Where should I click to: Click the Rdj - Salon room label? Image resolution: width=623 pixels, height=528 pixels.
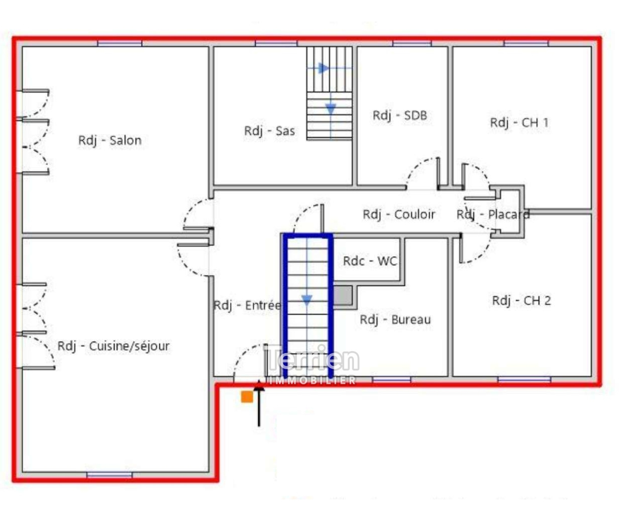coord(110,141)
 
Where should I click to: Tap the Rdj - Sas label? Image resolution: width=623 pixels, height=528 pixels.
coord(269,131)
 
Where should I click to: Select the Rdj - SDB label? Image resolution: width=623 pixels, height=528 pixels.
coord(400,115)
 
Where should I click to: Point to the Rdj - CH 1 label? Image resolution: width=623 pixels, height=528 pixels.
coord(519,123)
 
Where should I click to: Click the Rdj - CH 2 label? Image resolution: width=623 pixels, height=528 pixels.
coord(522,301)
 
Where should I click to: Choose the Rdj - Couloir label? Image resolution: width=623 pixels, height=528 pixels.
coord(399,214)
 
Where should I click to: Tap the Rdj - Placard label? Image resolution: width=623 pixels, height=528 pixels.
coord(493,214)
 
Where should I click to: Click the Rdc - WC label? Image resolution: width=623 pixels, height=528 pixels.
coord(370,261)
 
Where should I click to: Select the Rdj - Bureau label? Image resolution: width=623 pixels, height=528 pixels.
coord(396,320)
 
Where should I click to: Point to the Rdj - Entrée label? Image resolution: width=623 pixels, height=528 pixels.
coord(248,305)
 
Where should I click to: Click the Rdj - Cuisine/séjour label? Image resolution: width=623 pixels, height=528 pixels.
coord(114,346)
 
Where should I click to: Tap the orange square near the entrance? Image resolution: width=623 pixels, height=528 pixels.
coord(247,397)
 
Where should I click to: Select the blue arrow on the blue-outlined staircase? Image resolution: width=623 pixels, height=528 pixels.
coord(307,300)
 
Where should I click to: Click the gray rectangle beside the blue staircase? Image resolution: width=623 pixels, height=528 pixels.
coord(343,296)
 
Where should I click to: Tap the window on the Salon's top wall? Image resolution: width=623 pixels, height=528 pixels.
coord(120,43)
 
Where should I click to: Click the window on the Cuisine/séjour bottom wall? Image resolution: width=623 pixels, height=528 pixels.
coord(109,475)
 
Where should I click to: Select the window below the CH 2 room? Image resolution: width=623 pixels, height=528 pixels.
coord(524,379)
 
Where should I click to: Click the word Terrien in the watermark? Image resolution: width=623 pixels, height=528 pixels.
coord(311,359)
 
